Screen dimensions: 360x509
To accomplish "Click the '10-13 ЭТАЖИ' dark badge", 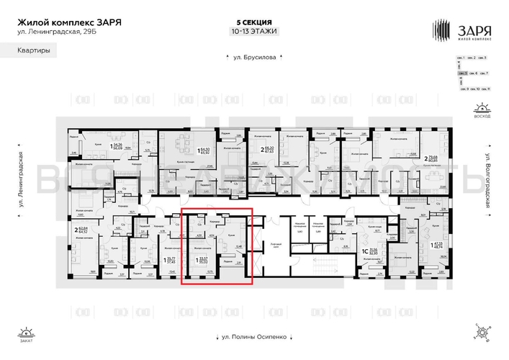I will point(254,31).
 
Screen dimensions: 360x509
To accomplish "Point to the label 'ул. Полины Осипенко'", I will point(255,336).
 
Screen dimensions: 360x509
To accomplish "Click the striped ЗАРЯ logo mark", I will point(441,30).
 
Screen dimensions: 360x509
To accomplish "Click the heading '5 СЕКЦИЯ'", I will point(254,22).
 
